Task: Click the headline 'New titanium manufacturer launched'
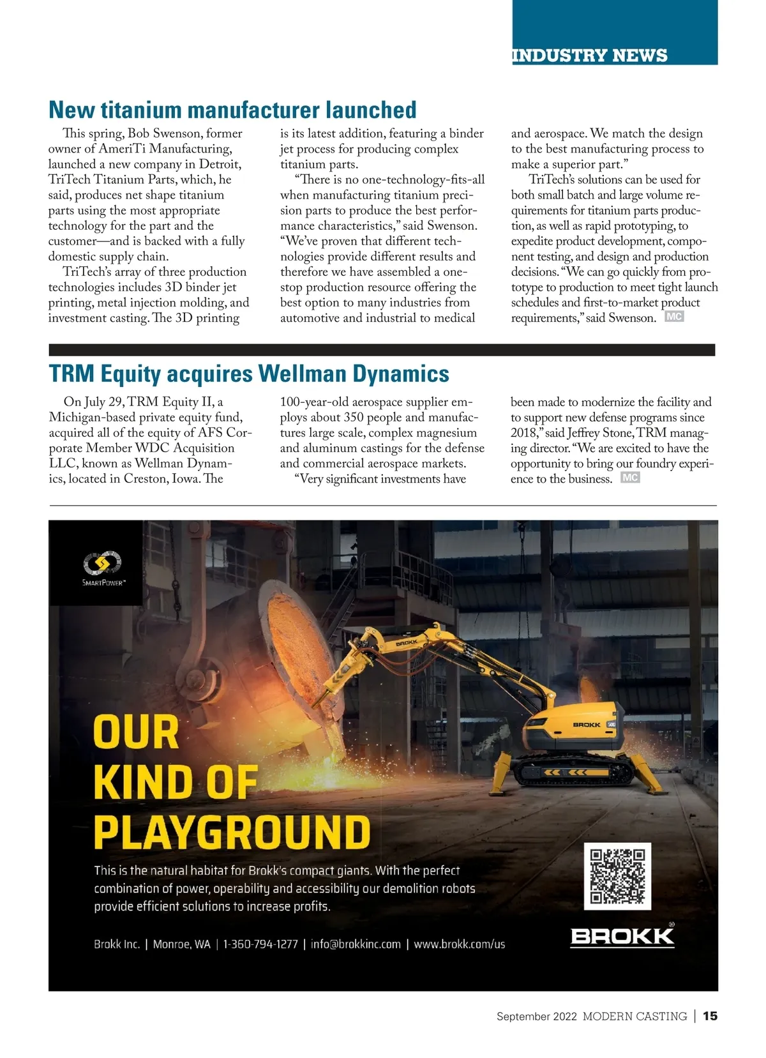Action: [232, 110]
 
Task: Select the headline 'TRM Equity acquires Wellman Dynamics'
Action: [249, 374]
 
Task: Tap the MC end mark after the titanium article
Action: [674, 316]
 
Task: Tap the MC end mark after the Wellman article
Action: [630, 478]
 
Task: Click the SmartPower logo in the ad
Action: [103, 568]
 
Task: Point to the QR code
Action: [617, 875]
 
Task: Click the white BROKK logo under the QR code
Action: [622, 936]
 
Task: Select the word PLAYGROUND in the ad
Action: [232, 832]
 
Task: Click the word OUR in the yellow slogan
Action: [136, 732]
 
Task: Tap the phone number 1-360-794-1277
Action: [260, 944]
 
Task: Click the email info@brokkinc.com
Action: [356, 944]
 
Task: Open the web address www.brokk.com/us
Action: [459, 944]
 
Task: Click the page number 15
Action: [710, 1016]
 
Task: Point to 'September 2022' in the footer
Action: [536, 1016]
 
